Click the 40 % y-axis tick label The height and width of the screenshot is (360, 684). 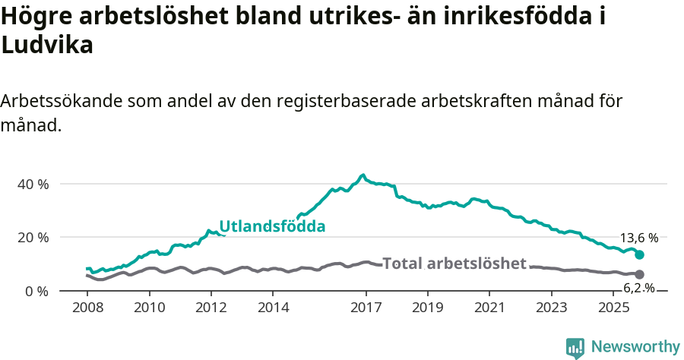(x=33, y=184)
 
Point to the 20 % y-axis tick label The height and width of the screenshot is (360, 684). (x=33, y=237)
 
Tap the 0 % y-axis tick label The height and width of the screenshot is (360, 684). (x=36, y=291)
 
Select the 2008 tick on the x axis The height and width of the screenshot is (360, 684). (x=87, y=308)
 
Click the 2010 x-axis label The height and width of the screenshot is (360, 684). (x=149, y=308)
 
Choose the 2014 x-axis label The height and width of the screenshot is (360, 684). (x=273, y=308)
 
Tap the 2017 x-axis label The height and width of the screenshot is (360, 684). (x=366, y=308)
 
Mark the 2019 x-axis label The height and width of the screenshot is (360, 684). (x=427, y=308)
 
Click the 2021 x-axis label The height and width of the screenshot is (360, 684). (x=489, y=308)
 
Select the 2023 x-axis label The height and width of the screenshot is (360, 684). (x=551, y=308)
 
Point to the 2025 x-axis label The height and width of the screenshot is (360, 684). (x=613, y=308)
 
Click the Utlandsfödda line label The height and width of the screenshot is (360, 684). (x=272, y=226)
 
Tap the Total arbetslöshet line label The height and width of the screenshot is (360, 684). (x=454, y=264)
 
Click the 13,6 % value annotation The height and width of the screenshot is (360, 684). (x=639, y=238)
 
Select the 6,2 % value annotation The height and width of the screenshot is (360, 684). (x=639, y=288)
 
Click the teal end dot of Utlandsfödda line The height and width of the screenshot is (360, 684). (x=640, y=255)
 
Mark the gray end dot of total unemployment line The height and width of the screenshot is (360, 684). (x=640, y=274)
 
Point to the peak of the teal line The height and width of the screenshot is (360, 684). (x=363, y=175)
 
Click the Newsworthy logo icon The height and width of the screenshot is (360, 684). (x=575, y=347)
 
